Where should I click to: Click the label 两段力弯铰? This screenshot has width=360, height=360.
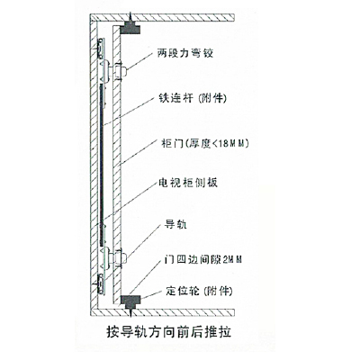click(185, 53)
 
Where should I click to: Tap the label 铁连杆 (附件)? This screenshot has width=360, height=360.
click(192, 98)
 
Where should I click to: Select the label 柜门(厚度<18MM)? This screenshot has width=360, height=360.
click(205, 144)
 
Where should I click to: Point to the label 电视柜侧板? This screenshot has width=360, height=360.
click(188, 183)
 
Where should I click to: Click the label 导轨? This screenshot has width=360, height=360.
click(175, 224)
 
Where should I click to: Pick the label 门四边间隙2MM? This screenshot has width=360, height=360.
click(203, 259)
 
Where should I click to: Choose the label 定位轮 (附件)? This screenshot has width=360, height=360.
click(199, 291)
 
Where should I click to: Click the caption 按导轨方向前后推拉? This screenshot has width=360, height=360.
click(169, 332)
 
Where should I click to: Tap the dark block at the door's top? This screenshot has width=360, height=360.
click(130, 29)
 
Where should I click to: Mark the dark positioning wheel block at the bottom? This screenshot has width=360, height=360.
click(130, 301)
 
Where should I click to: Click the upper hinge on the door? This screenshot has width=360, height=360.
click(120, 71)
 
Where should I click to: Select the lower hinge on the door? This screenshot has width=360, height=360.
click(120, 257)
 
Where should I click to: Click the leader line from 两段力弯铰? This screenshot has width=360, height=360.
click(141, 63)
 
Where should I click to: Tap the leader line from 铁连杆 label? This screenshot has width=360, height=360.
click(130, 110)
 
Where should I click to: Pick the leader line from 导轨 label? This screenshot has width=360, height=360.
click(143, 241)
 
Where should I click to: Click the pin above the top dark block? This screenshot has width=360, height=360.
click(130, 18)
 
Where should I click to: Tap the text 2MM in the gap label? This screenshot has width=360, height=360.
click(232, 259)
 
